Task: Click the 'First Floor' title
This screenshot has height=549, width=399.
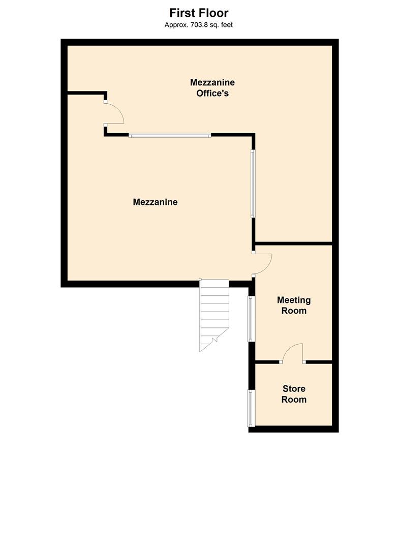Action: coord(199,13)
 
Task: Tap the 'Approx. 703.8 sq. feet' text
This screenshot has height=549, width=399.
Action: coord(198,25)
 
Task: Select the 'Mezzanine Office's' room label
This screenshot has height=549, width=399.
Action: coord(212,87)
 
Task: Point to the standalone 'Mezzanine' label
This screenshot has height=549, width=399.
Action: coord(155,202)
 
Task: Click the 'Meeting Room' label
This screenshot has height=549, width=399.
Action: coord(294,306)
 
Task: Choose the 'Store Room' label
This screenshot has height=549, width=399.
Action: coord(294,394)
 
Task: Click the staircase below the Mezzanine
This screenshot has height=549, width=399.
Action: coord(214,315)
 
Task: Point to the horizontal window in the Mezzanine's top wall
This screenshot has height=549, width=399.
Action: coord(170,135)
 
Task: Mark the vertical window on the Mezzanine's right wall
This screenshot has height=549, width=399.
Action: coord(253,184)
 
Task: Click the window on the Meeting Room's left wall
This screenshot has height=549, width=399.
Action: coord(250,319)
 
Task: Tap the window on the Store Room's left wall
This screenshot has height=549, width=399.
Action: coord(251,408)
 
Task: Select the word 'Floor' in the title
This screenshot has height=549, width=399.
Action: coord(213,13)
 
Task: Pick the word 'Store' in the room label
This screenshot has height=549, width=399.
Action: coord(294,389)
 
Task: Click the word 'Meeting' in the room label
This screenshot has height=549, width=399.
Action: coord(294,300)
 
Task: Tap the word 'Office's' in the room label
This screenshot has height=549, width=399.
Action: coord(212,93)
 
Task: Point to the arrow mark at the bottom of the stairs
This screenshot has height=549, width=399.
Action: coord(214,339)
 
